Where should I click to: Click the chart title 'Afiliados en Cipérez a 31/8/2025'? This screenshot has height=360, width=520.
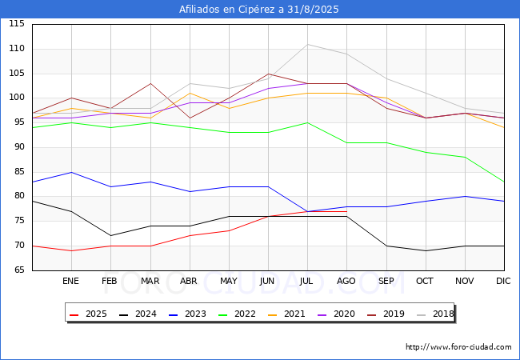[259, 10]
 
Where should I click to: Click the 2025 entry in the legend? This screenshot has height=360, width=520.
[89, 314]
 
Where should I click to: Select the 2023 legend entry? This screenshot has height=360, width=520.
[188, 314]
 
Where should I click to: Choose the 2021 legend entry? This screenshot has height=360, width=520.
[287, 314]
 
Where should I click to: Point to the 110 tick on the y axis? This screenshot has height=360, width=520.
[17, 49]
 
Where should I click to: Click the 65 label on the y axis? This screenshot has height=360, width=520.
[19, 270]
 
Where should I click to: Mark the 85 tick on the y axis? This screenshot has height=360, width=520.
[19, 172]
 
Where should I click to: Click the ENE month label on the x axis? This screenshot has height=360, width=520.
[70, 281]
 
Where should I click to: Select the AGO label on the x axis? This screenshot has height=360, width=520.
[346, 281]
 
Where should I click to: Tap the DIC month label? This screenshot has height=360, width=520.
[503, 281]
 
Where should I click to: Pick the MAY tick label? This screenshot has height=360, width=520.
[229, 281]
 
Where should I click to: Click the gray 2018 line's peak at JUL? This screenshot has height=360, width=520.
[308, 45]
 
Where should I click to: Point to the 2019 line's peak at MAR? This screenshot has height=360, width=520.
[151, 83]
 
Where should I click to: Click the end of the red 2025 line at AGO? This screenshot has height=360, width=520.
[347, 211]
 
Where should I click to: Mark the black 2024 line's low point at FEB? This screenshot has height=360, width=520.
[110, 236]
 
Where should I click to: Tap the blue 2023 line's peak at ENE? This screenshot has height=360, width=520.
[72, 172]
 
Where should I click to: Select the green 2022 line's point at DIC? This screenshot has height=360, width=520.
[504, 182]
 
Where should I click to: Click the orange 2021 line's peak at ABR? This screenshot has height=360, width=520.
[190, 93]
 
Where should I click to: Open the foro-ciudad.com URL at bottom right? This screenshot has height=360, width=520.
[458, 347]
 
